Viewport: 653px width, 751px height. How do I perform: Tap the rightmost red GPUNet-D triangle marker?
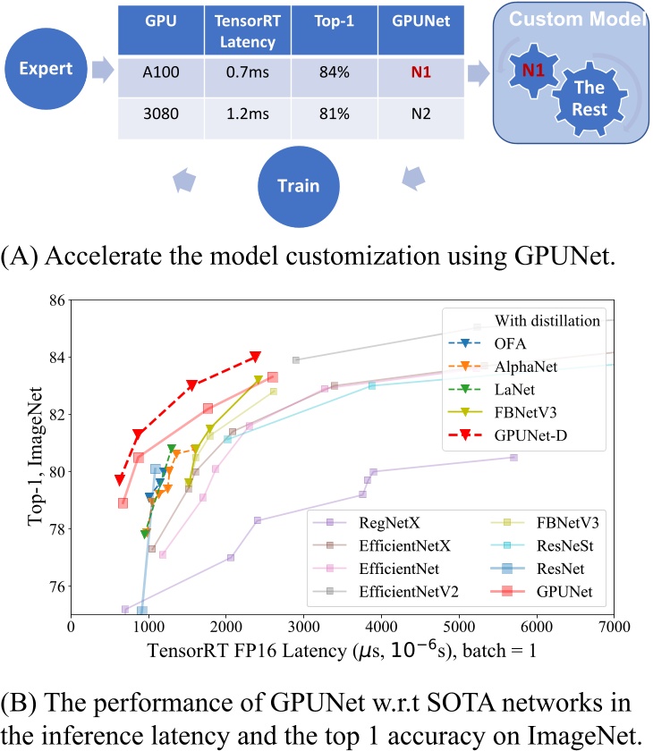tap(256, 357)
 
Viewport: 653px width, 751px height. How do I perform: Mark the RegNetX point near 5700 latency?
tap(513, 457)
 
